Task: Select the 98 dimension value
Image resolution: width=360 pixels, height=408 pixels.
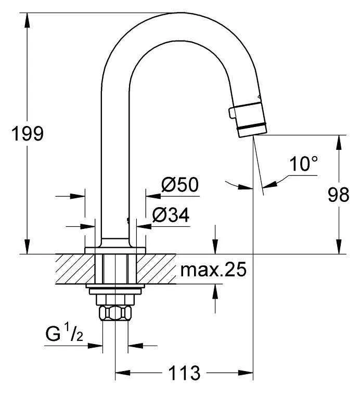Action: point(338,195)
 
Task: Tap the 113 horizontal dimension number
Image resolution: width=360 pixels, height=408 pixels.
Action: point(184,373)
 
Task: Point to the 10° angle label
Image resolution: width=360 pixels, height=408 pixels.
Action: point(304,163)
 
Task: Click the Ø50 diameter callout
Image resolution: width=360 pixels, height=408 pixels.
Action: point(180,184)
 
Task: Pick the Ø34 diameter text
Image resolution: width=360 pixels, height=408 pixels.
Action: point(171,215)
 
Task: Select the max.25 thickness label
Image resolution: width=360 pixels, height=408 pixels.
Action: point(213,270)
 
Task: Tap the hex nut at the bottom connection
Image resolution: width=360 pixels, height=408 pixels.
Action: point(115,313)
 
